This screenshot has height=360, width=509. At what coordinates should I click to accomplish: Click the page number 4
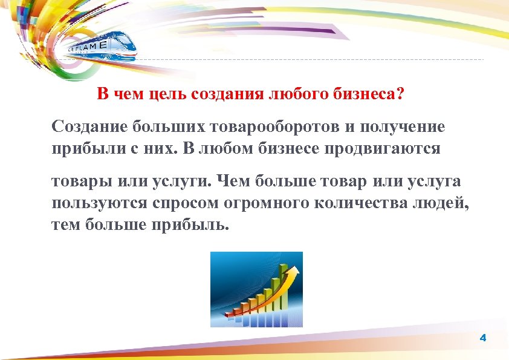point(482,338)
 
